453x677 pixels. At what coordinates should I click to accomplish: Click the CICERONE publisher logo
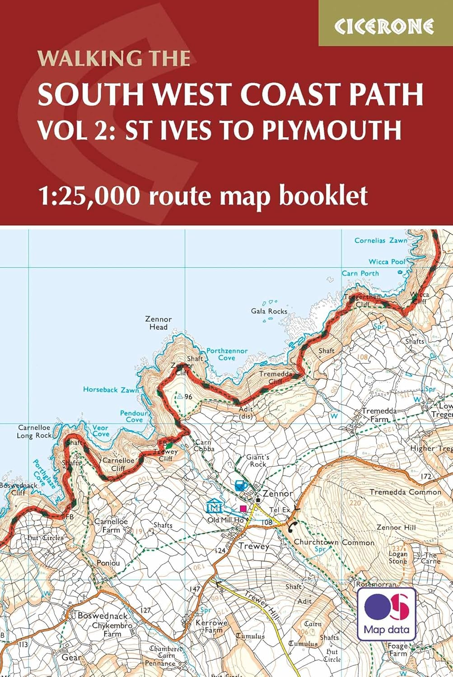pyautogui.click(x=384, y=27)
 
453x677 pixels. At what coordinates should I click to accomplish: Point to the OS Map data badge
pyautogui.click(x=387, y=614)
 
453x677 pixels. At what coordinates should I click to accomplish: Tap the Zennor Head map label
pyautogui.click(x=159, y=323)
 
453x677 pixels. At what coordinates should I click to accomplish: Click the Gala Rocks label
pyautogui.click(x=269, y=311)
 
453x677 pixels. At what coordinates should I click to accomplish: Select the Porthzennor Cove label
pyautogui.click(x=227, y=354)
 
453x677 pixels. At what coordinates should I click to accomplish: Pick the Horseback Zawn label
pyautogui.click(x=111, y=389)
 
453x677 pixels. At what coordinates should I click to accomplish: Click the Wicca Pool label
pyautogui.click(x=387, y=261)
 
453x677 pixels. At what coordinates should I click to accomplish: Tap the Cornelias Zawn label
pyautogui.click(x=381, y=241)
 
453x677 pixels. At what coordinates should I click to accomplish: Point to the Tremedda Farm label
pyautogui.click(x=379, y=415)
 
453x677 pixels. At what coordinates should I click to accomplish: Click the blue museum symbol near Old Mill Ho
pyautogui.click(x=214, y=506)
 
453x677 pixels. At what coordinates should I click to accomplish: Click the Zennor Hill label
pyautogui.click(x=396, y=527)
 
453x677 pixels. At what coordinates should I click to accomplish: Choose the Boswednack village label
pyautogui.click(x=103, y=616)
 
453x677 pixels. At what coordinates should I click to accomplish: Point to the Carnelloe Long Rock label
pyautogui.click(x=34, y=431)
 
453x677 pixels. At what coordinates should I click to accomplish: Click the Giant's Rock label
pyautogui.click(x=257, y=460)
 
